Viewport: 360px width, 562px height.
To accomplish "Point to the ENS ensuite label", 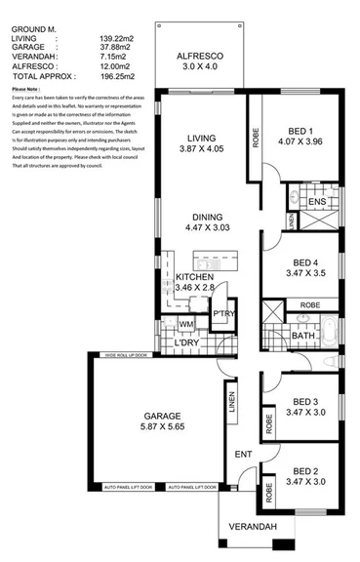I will [316, 202].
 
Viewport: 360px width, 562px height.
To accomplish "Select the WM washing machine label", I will [186, 323].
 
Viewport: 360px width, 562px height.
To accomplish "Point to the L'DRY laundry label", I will [187, 344].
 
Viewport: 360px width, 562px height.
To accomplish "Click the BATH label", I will [302, 337].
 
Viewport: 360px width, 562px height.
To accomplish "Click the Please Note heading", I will [27, 91].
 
